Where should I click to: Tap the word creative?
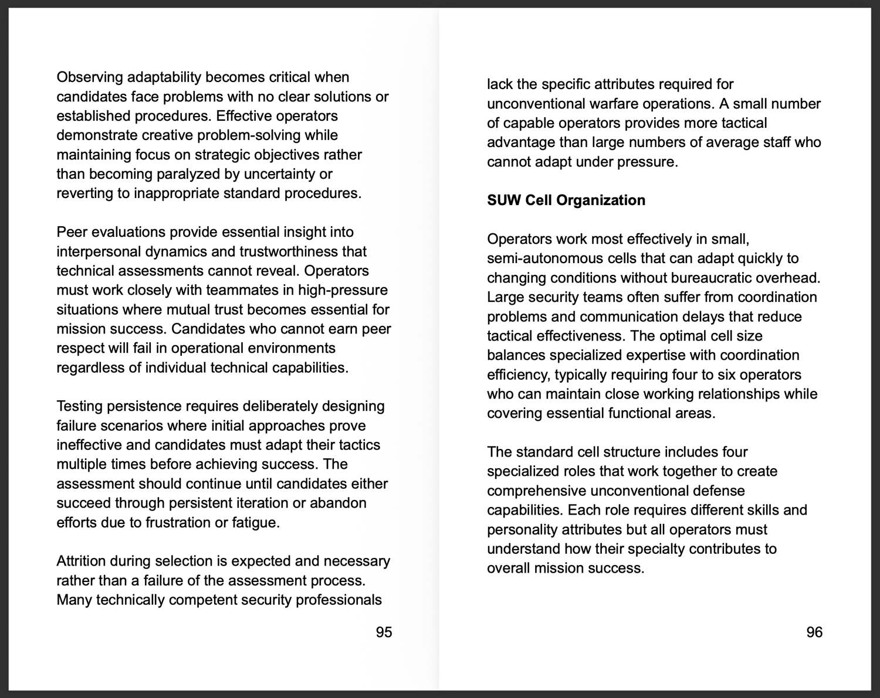[x=166, y=135]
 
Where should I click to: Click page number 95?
[x=384, y=632]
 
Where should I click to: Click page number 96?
[x=814, y=632]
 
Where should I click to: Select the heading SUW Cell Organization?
[x=566, y=200]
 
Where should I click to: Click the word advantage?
[x=520, y=142]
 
